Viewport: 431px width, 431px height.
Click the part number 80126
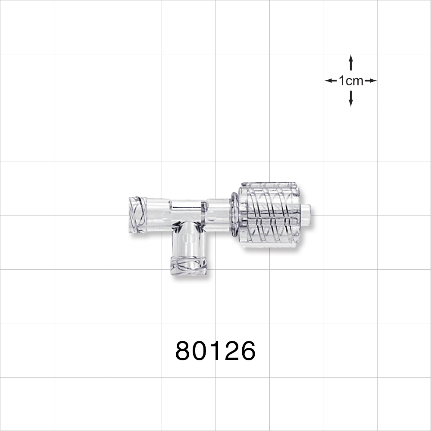coord(215,351)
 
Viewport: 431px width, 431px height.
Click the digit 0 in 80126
coord(200,351)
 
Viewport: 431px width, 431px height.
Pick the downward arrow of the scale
coord(351,100)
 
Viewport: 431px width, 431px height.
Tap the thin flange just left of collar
coord(234,214)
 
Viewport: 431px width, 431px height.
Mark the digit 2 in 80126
coord(231,351)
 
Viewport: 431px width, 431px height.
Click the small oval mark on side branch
coord(186,238)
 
